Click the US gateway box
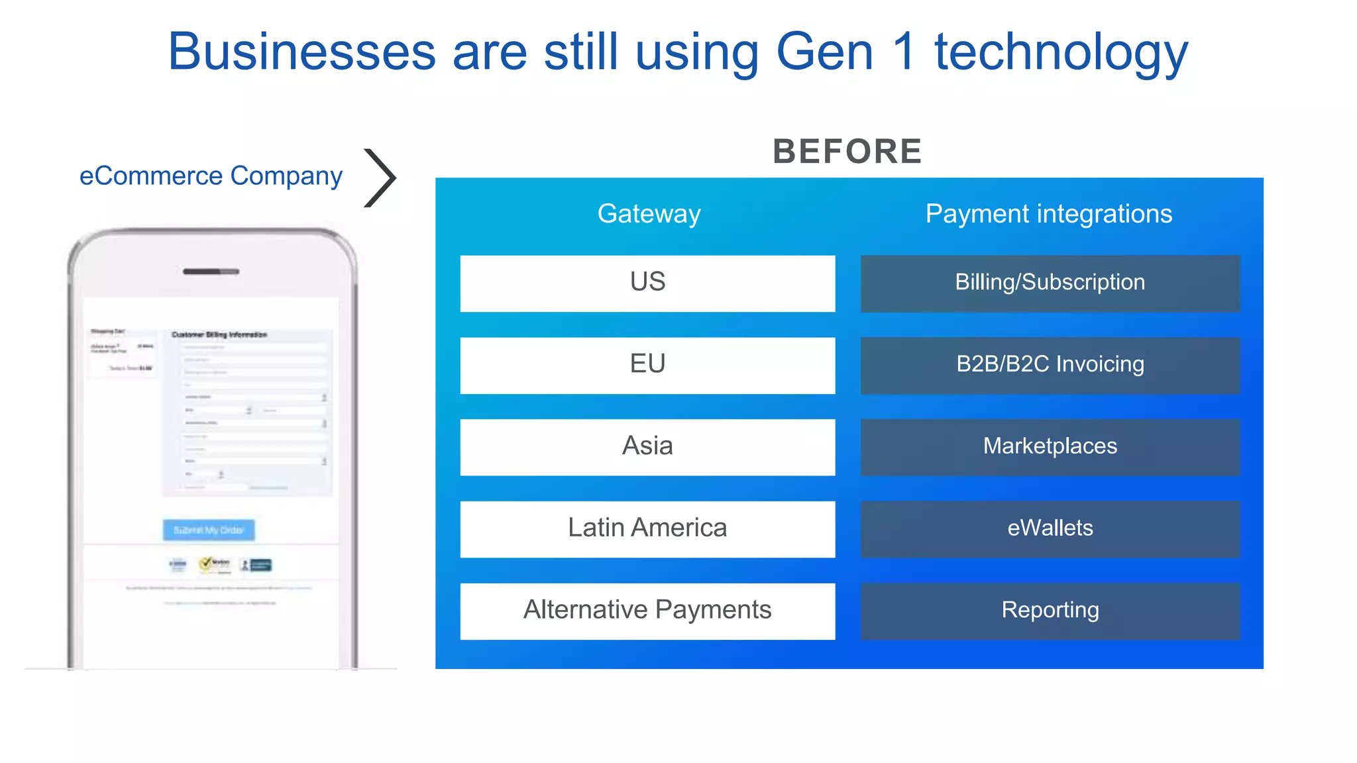tap(647, 283)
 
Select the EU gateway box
tap(647, 365)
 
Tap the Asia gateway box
tap(647, 447)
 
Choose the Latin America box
tap(647, 529)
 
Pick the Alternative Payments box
tap(647, 611)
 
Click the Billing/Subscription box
tap(1050, 283)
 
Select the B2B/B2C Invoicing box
tap(1050, 365)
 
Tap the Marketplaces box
tap(1050, 447)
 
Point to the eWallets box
tap(1050, 529)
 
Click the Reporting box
tap(1050, 611)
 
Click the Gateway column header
tap(649, 214)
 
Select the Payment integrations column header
tap(1048, 214)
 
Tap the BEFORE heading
tap(847, 152)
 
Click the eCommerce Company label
tap(211, 176)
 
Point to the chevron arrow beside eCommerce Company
tap(380, 178)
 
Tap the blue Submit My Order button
tap(209, 530)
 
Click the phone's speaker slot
tap(211, 272)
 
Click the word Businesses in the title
tap(301, 52)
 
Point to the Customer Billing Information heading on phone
tap(219, 334)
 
